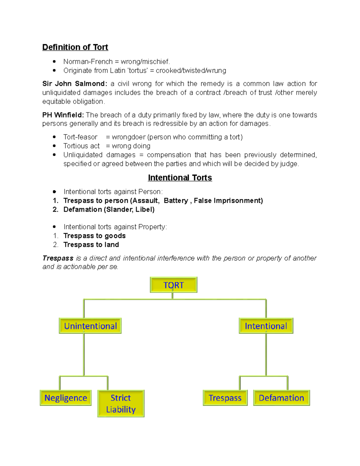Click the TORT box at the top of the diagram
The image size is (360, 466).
coord(173,285)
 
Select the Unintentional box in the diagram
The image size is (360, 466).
coord(90,326)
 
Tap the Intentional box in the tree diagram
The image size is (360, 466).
coord(266,326)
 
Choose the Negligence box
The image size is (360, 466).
coord(66,398)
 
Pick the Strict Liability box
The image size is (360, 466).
coord(121,404)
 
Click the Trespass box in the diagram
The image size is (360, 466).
coord(225,398)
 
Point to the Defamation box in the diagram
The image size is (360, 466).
coord(281,398)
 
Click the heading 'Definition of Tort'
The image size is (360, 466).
coord(75,47)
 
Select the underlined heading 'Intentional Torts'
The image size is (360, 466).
coord(180,178)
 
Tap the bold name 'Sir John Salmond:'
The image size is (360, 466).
coord(75,84)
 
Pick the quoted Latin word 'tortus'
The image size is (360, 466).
coord(138,71)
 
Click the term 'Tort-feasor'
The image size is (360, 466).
coord(80,137)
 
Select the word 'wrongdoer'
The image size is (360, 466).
coord(128,137)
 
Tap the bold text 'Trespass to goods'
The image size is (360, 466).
coord(94,236)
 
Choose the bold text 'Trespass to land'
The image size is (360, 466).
coord(91,245)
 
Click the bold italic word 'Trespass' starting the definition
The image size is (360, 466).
coord(58,258)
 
